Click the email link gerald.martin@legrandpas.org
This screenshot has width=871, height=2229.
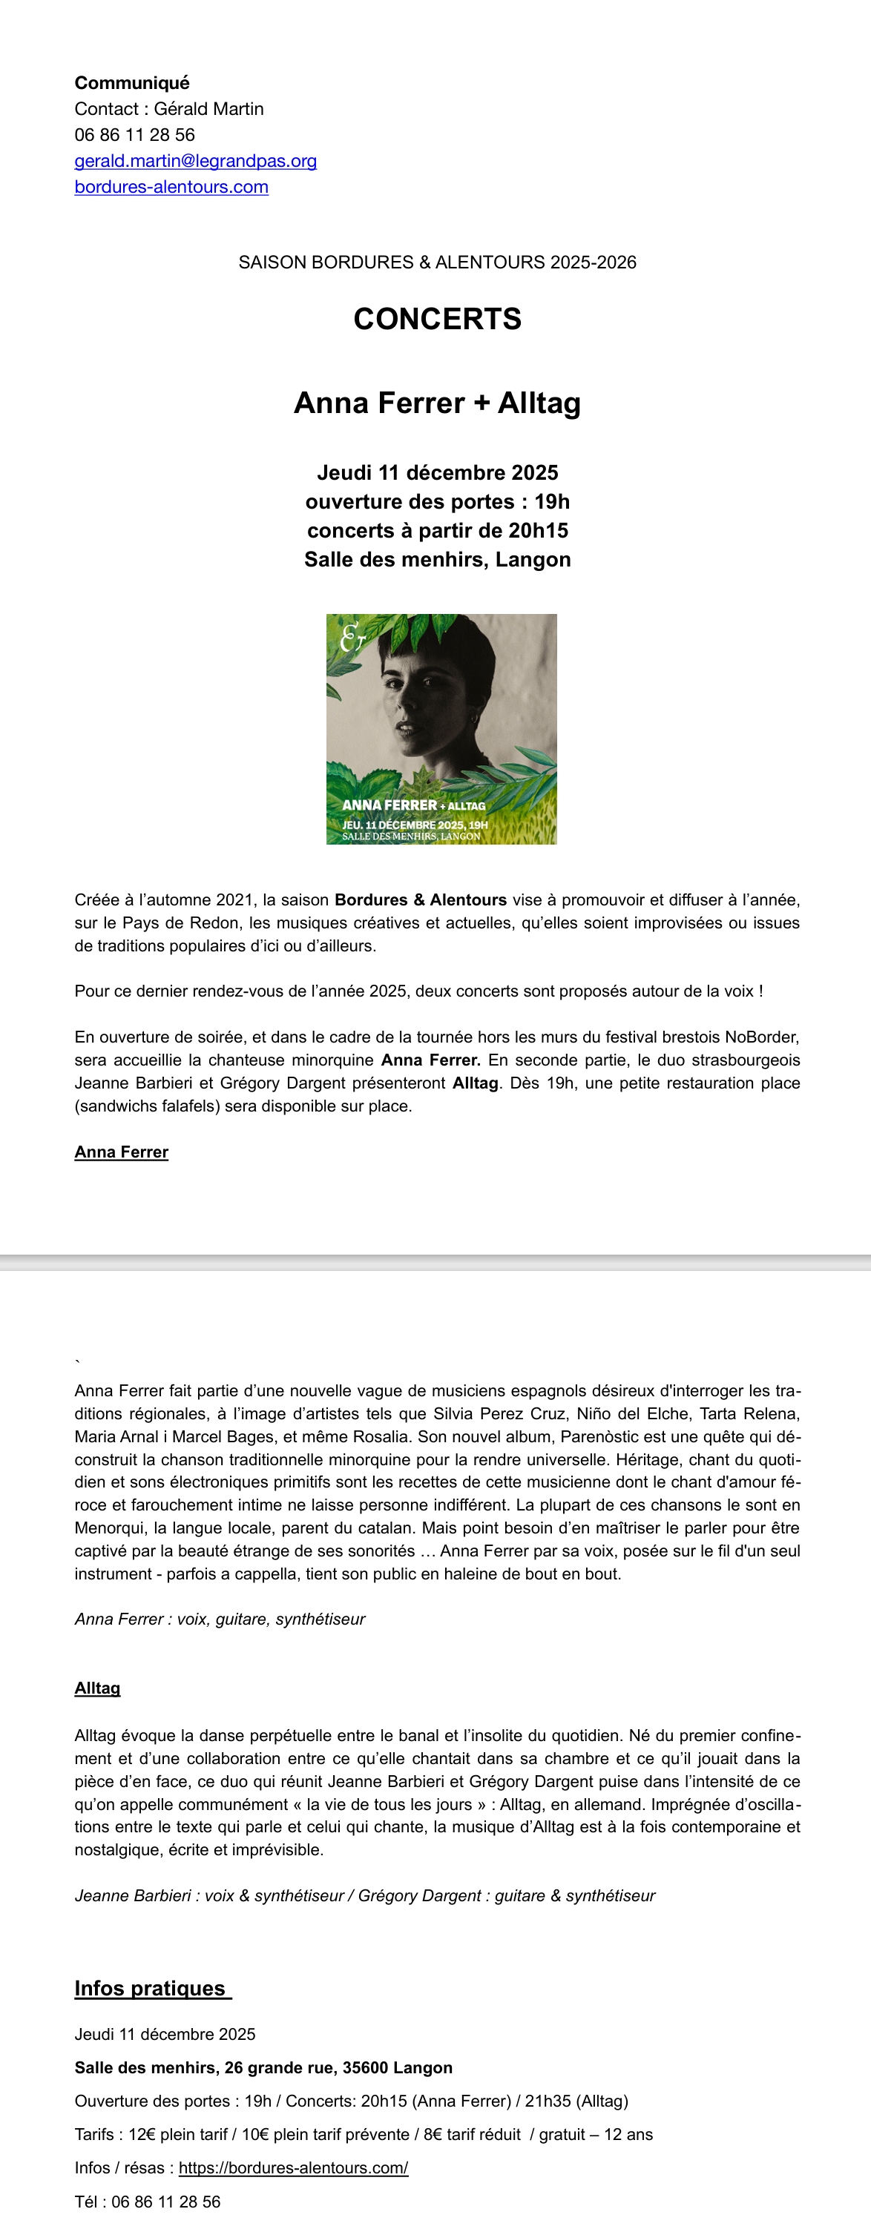(x=196, y=161)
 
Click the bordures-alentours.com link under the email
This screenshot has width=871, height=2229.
(x=171, y=187)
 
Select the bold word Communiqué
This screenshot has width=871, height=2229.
(x=131, y=83)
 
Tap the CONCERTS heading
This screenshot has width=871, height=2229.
(x=437, y=320)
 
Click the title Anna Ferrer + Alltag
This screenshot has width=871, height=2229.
(x=437, y=403)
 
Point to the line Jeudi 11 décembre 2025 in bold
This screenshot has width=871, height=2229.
(x=437, y=472)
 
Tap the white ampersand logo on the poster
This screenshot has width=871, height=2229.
(x=352, y=637)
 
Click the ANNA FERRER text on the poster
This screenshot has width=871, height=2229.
(x=389, y=805)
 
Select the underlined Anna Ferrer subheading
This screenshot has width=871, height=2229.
(x=121, y=1152)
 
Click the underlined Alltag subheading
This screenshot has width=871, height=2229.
(x=97, y=1688)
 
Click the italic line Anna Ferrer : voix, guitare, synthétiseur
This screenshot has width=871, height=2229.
(x=220, y=1619)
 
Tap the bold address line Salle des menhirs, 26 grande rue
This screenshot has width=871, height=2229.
(x=263, y=2067)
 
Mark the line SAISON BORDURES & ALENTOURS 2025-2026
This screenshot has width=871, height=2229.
(x=437, y=262)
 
